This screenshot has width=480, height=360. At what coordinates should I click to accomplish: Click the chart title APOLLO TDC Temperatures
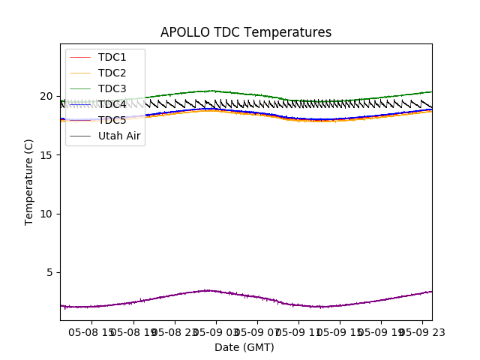click(246, 32)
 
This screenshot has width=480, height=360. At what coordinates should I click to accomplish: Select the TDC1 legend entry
click(112, 57)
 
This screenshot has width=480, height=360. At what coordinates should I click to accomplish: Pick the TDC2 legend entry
click(112, 73)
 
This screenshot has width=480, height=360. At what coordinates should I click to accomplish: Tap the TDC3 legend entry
click(112, 88)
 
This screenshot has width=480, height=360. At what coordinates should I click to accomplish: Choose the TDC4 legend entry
click(112, 104)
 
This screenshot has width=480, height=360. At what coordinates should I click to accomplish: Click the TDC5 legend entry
click(112, 120)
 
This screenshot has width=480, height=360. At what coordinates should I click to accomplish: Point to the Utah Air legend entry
click(119, 136)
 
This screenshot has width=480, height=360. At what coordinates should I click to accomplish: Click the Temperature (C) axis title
click(29, 181)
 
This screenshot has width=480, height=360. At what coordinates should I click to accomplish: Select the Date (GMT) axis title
click(244, 347)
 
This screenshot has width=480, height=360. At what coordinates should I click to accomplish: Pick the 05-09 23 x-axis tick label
click(416, 331)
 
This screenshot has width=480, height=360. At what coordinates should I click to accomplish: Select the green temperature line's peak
click(212, 91)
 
